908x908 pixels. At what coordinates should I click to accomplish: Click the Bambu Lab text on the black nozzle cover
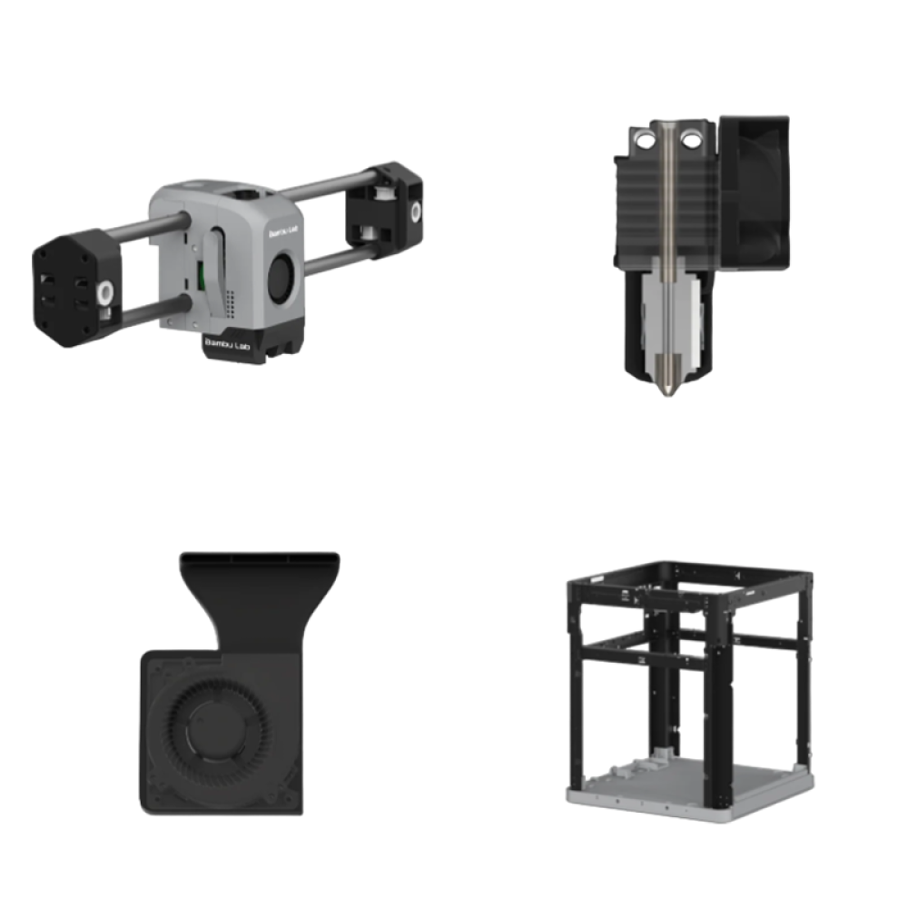tap(227, 343)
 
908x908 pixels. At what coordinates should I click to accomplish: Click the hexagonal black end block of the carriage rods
tap(75, 288)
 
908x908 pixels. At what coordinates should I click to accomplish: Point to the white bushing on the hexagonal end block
tap(104, 292)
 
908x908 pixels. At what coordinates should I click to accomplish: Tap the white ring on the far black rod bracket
tap(415, 212)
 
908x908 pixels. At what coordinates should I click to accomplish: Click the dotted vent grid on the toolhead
tap(231, 303)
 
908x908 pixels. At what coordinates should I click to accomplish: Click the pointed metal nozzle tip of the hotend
tap(667, 390)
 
